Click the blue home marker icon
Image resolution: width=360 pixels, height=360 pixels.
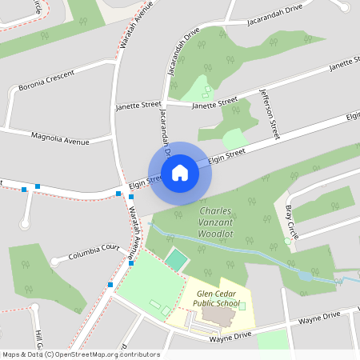179,172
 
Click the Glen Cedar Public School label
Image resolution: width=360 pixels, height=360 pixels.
206,298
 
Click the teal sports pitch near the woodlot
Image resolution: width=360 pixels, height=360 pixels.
176,260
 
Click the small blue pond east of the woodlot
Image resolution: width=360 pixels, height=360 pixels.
305,275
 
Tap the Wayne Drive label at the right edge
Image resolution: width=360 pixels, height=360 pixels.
341,317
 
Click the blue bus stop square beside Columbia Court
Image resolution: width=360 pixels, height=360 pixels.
131,262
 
